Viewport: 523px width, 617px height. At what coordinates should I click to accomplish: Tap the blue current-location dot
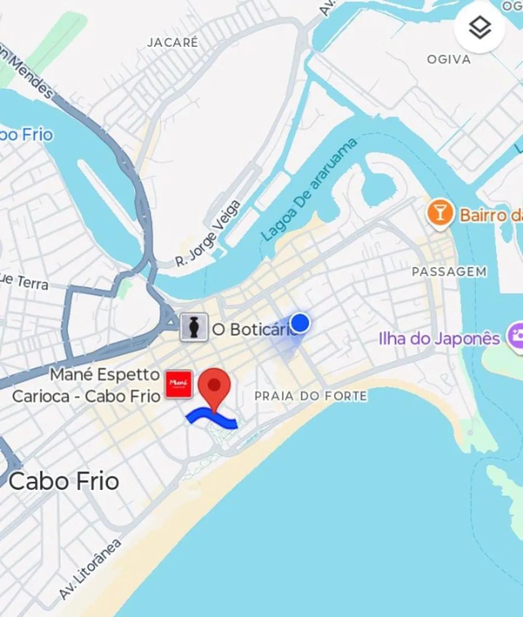pyautogui.click(x=300, y=322)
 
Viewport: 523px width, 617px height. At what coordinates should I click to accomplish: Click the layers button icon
pyautogui.click(x=480, y=28)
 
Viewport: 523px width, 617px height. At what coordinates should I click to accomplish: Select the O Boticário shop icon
pyautogui.click(x=194, y=328)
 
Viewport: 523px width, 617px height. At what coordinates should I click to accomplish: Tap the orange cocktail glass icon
pyautogui.click(x=440, y=213)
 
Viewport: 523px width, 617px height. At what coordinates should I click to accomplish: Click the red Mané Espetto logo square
pyautogui.click(x=179, y=384)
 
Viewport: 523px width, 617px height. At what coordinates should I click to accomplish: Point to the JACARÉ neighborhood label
pyautogui.click(x=172, y=42)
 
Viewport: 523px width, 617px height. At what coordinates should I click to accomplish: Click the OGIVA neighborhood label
pyautogui.click(x=449, y=59)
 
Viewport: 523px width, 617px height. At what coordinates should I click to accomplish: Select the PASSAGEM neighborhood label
pyautogui.click(x=449, y=272)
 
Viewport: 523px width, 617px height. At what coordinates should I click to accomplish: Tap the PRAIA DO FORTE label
pyautogui.click(x=310, y=396)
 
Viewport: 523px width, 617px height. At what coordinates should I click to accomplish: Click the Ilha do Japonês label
pyautogui.click(x=439, y=338)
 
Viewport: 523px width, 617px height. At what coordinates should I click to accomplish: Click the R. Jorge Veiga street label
pyautogui.click(x=208, y=234)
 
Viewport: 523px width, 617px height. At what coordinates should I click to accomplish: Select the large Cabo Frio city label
pyautogui.click(x=64, y=481)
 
